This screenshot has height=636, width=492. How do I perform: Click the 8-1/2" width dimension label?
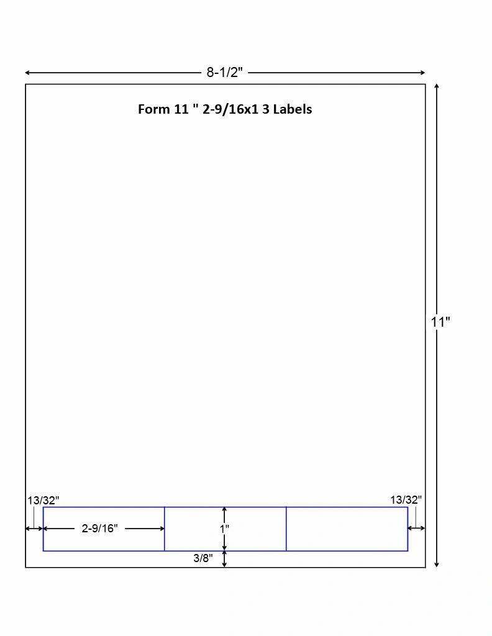click(x=224, y=72)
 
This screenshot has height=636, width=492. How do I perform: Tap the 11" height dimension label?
click(x=440, y=322)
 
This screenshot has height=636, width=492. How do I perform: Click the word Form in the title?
click(x=153, y=109)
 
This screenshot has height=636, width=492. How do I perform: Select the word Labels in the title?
click(x=292, y=109)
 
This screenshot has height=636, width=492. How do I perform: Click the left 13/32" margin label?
click(x=43, y=500)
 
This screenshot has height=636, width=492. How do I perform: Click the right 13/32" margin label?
click(x=406, y=499)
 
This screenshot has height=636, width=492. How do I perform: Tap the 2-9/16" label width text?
click(x=99, y=529)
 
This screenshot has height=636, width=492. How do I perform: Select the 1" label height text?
click(x=224, y=529)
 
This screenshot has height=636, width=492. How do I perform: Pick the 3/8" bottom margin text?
click(x=203, y=558)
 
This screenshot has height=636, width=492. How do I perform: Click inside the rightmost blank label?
click(x=347, y=529)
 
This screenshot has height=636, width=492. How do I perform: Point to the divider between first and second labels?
click(x=165, y=529)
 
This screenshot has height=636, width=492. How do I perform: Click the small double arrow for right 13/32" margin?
click(x=416, y=529)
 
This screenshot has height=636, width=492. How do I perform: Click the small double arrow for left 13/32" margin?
click(x=34, y=529)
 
